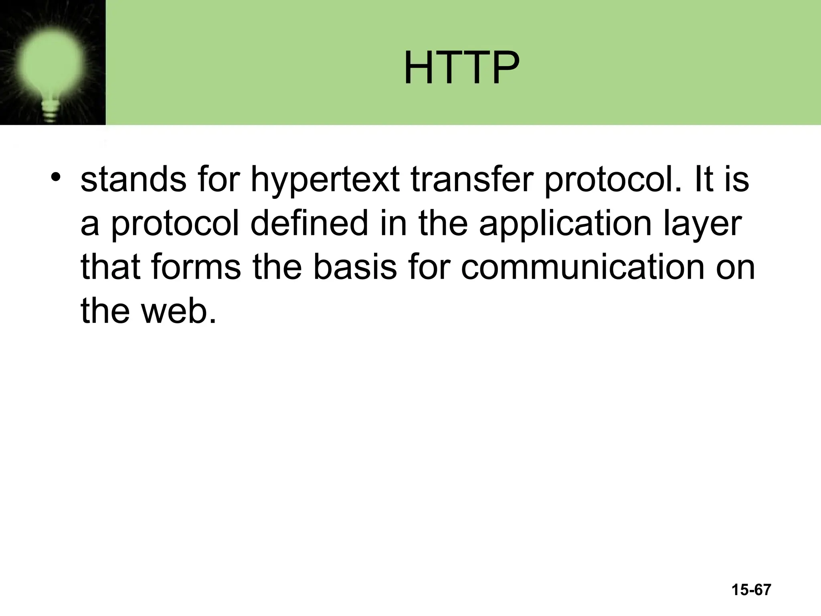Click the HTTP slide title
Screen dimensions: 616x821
[x=461, y=68]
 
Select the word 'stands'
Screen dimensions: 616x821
[x=133, y=179]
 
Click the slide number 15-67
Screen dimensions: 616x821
[x=751, y=590]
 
